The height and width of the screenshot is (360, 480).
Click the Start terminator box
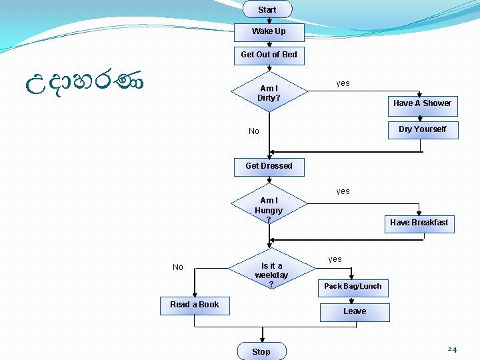[267, 9]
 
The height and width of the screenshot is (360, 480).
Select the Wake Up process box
[269, 32]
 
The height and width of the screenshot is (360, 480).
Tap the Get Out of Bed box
[269, 55]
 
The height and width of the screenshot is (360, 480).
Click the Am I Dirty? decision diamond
[269, 93]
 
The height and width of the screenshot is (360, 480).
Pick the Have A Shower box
[421, 103]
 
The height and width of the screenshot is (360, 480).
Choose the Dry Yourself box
[423, 129]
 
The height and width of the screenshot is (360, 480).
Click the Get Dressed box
[269, 166]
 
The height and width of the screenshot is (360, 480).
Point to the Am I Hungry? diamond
[269, 209]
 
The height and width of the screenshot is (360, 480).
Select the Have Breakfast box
[419, 223]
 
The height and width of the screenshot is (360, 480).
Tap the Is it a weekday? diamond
[271, 275]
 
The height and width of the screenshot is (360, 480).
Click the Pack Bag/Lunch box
[353, 287]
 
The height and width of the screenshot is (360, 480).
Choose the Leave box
[354, 311]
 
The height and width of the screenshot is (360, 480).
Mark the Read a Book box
[194, 305]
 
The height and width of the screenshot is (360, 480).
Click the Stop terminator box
[261, 351]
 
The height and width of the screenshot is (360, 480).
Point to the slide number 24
[452, 349]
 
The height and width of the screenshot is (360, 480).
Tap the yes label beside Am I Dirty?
[343, 83]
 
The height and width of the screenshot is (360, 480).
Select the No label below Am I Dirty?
[253, 131]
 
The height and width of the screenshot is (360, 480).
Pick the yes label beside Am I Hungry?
[343, 191]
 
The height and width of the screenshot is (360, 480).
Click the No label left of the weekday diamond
[177, 267]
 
